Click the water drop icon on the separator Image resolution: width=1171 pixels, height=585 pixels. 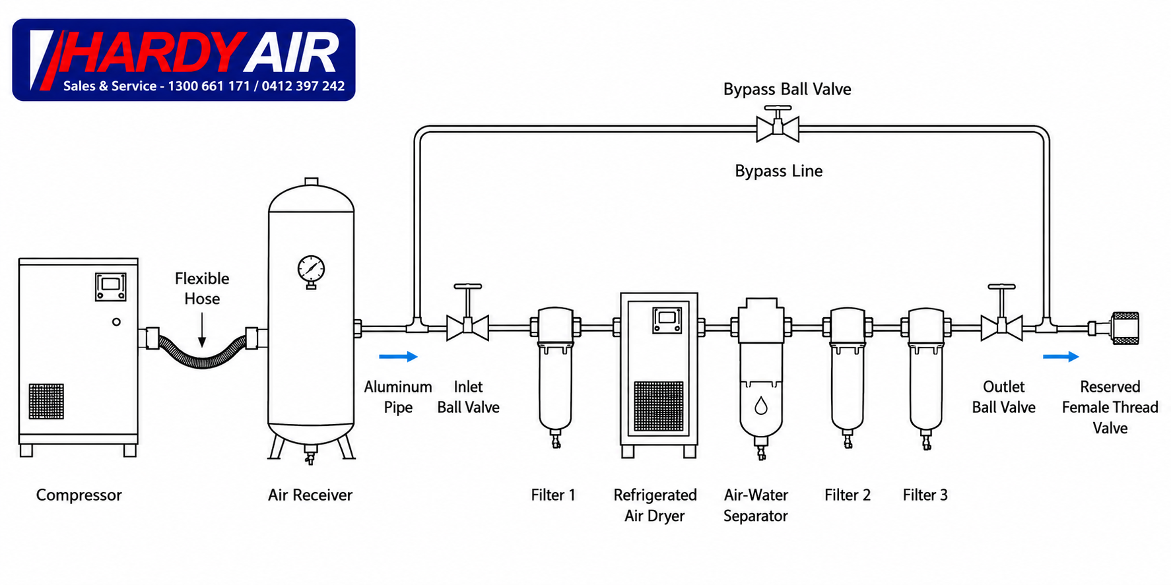761,405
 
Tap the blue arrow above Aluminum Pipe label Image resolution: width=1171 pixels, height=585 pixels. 398,357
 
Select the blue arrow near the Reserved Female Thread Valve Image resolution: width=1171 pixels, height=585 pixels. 1061,357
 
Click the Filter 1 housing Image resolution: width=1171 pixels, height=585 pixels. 556,376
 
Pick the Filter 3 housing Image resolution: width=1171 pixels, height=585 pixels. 926,376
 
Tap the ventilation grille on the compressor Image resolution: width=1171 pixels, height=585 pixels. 46,401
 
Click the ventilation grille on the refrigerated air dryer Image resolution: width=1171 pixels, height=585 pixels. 659,406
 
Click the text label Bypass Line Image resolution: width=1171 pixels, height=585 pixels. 779,171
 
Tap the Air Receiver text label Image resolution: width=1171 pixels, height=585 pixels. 310,495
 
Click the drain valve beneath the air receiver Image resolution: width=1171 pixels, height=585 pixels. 309,454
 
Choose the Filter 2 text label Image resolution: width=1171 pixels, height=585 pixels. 848,495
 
